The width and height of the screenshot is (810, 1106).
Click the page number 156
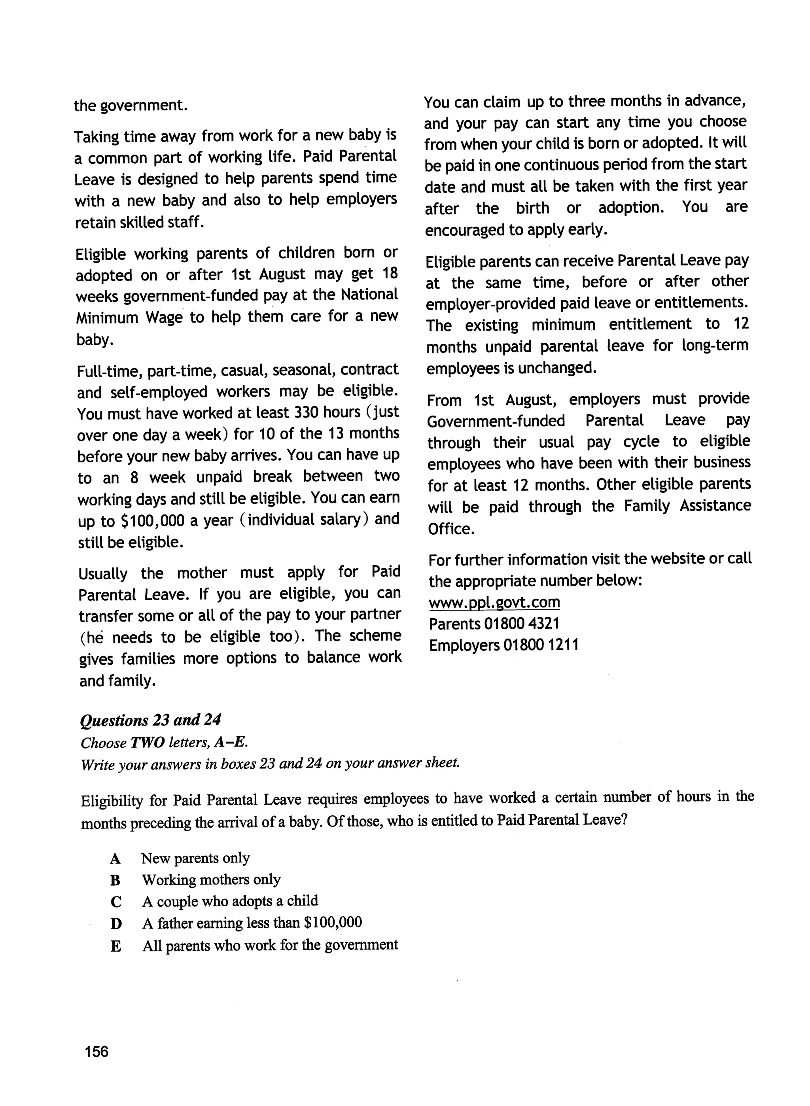pos(96,1051)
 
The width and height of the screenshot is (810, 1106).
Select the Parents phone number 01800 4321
pos(522,624)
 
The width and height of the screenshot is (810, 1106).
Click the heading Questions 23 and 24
pos(151,720)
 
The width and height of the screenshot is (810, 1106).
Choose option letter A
pos(115,859)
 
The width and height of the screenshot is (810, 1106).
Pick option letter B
pos(115,881)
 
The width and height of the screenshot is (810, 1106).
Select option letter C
pos(116,902)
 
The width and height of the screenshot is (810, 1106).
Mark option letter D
pos(116,924)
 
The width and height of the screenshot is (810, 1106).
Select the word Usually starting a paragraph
pos(103,574)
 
